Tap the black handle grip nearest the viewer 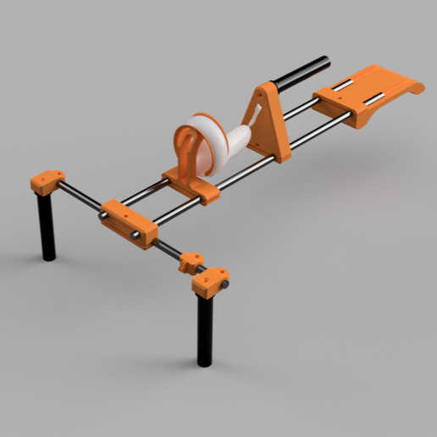205,330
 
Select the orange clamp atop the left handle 47,181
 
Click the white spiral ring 211,141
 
